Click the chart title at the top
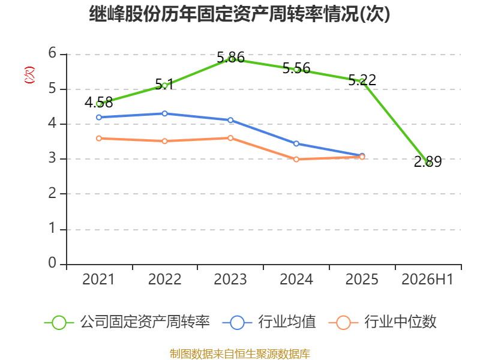pos(239,13)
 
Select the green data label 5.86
pos(231,57)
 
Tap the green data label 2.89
pos(428,161)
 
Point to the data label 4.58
pos(98,103)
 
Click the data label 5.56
pos(296,68)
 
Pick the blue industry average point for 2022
pos(164,113)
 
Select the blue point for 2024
pos(296,143)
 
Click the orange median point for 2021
pos(99,139)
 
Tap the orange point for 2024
pos(296,160)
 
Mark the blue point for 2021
pos(99,117)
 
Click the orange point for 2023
pos(230,138)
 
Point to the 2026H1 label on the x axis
pos(427,280)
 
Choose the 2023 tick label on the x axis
pos(230,280)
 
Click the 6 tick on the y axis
pos(52,53)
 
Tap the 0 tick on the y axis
pos(52,263)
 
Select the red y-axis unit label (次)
pos(29,75)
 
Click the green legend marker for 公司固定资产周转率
pos(59,323)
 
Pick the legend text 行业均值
pos(287,322)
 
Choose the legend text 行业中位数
pos(400,322)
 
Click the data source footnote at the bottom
pos(240,354)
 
